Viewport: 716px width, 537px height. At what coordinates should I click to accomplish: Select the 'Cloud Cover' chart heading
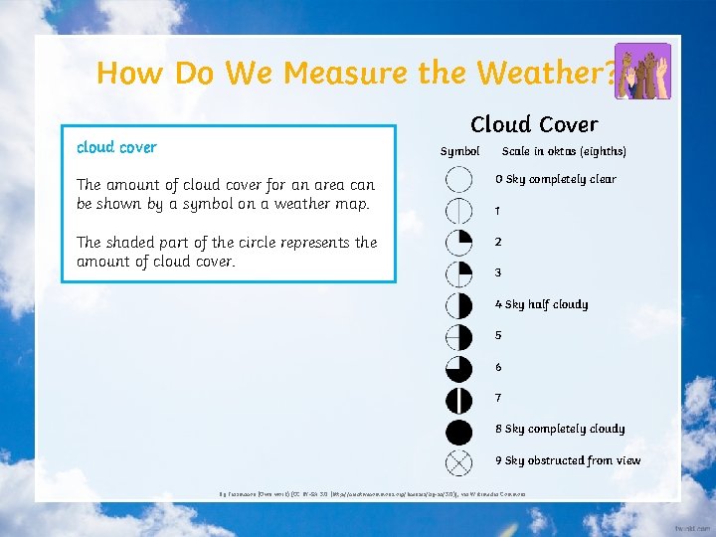tap(534, 124)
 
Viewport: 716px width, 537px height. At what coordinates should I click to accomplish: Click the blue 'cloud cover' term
tap(116, 147)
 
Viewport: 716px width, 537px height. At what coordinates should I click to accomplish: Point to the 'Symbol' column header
tap(459, 151)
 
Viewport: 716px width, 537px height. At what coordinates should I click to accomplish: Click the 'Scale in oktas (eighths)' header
tap(564, 151)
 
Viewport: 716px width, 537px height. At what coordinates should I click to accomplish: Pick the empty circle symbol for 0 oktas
tap(458, 179)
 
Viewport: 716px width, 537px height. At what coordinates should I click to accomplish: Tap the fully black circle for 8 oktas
tap(458, 432)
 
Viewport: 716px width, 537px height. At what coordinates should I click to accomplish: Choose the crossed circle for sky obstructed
tap(458, 462)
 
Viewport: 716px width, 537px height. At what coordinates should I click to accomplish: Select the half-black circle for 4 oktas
tap(458, 305)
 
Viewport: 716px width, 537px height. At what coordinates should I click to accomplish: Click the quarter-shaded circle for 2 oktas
tap(458, 243)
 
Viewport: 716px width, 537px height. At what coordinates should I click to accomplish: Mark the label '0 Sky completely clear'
tap(556, 179)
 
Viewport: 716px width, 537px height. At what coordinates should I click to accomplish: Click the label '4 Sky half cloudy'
tap(542, 304)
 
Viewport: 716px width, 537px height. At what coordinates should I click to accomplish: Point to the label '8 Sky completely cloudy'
tap(560, 429)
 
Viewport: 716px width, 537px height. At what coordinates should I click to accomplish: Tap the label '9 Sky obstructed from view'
tap(568, 460)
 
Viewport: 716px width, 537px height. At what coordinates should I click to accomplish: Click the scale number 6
tap(499, 367)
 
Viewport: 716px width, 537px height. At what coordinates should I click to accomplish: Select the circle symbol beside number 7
tap(458, 400)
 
